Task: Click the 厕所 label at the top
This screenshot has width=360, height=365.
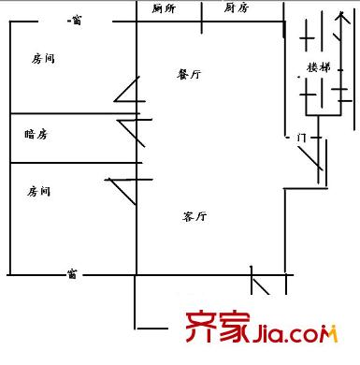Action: pos(164,8)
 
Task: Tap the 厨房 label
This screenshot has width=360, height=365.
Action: pos(237,7)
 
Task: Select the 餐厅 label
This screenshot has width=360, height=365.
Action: pos(189,74)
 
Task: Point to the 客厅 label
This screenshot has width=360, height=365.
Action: pos(194,216)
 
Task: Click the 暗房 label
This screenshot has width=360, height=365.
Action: pos(36,134)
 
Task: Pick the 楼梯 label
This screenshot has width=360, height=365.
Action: pos(319,67)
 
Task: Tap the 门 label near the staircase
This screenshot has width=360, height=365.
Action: pos(301,138)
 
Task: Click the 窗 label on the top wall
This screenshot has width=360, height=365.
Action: pos(77,21)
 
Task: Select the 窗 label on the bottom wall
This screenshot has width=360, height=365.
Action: pos(72,274)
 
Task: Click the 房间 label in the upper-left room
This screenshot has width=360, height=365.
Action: pos(43,59)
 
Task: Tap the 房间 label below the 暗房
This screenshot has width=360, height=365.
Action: pos(38,191)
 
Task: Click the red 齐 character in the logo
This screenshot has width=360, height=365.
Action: pos(201,327)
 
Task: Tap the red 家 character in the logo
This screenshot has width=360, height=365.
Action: pos(235,327)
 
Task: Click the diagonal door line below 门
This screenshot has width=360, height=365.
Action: pos(310,158)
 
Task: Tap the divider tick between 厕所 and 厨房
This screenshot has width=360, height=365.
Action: pos(202,18)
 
